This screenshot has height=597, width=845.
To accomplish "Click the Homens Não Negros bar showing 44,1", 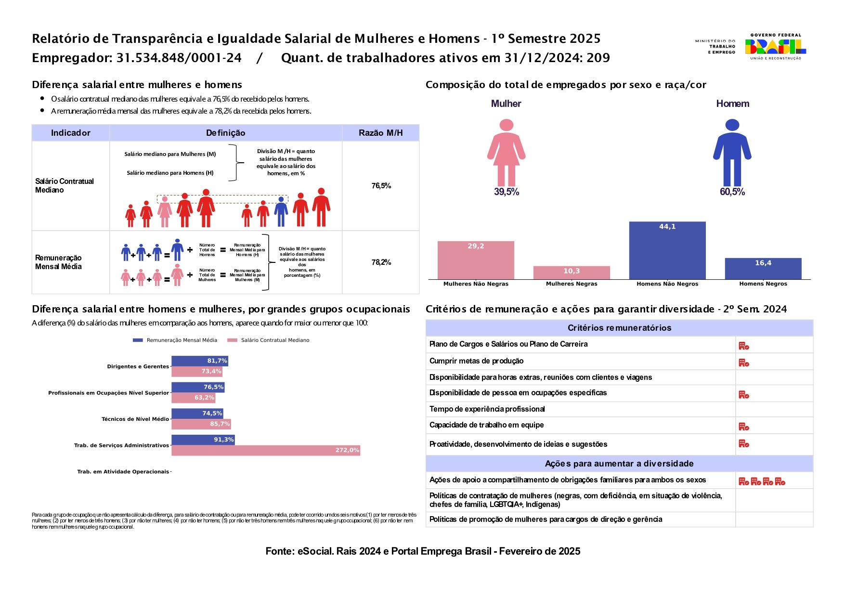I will [667, 250].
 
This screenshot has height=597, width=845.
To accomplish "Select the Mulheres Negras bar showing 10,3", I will [571, 273].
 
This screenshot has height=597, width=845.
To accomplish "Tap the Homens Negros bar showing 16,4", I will [763, 269].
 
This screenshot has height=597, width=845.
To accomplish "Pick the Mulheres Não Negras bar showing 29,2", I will [475, 260].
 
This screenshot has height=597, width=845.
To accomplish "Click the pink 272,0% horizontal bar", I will [266, 450].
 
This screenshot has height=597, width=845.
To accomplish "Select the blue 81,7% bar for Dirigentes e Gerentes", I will [199, 361].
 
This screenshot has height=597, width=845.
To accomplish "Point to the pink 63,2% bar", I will [193, 398].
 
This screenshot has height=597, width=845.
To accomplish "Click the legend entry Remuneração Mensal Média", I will [175, 340].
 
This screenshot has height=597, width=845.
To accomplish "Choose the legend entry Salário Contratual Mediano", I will [269, 340].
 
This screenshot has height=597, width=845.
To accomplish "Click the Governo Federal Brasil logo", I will [775, 47].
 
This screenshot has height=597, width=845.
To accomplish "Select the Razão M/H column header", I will [380, 133].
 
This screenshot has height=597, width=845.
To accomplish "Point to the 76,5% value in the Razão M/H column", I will [381, 186].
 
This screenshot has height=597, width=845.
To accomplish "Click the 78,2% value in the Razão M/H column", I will [381, 262].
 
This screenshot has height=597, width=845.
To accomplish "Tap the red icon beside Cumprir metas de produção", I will [744, 363].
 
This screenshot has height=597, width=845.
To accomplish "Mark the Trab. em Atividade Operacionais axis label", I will [123, 472].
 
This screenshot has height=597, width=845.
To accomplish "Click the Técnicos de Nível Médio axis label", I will [135, 419].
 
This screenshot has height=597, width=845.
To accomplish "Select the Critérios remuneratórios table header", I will [619, 328].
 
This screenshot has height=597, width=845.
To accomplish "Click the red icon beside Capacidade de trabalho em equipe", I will [744, 427].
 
